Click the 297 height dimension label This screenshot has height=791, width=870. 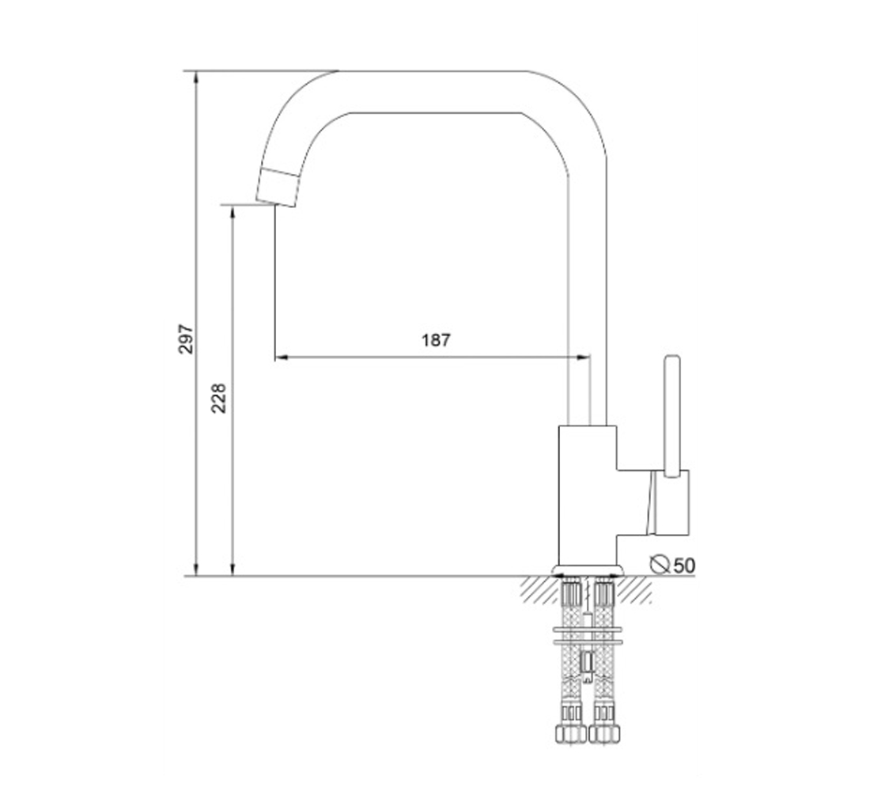point(187,339)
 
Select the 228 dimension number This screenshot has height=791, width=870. point(218,398)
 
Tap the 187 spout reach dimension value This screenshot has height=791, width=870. point(436,339)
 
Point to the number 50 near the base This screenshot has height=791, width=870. point(683,566)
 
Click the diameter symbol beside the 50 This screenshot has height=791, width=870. point(660,564)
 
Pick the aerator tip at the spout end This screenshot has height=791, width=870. point(277,187)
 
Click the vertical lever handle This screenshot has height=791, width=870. point(672,416)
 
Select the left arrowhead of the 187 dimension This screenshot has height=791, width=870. point(282,358)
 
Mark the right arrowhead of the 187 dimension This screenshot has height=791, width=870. point(583,358)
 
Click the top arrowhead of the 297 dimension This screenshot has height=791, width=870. point(196,78)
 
